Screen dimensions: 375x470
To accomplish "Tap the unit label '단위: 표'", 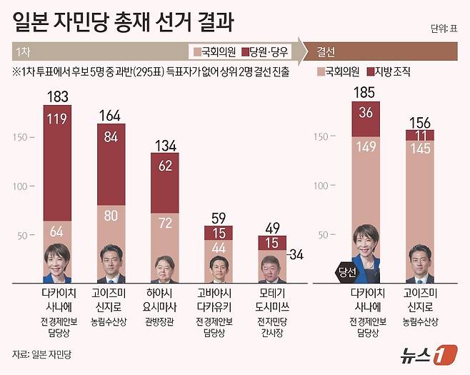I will coord(445,29).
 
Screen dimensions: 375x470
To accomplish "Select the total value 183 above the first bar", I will coord(57,96).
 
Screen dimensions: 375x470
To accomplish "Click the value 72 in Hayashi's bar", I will coord(164,224).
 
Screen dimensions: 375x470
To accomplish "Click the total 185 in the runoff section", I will coord(366,92).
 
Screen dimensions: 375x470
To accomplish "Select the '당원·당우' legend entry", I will coord(266,52).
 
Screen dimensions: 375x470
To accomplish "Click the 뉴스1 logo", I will coord(426,352).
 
